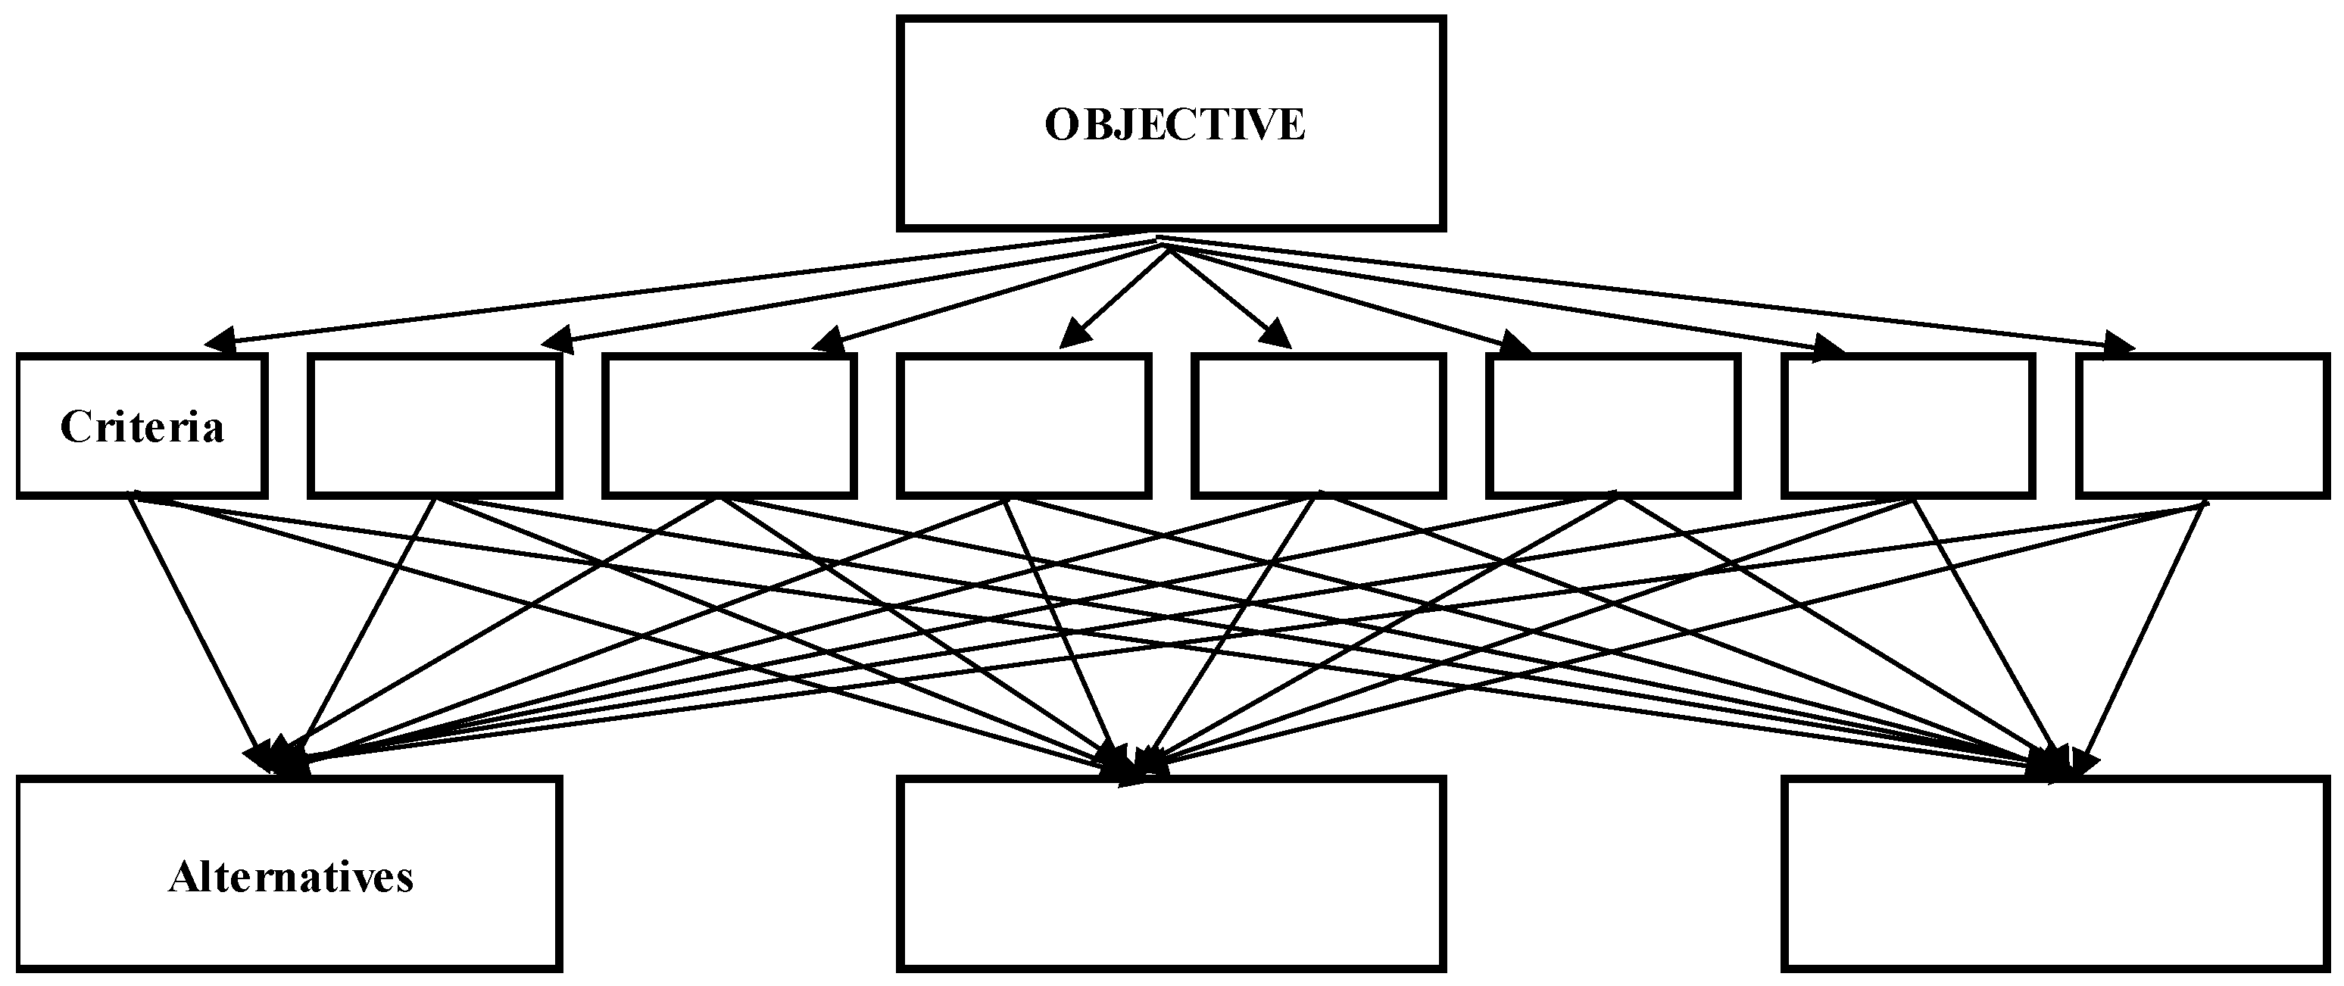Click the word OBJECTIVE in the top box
click(1174, 125)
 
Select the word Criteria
click(142, 426)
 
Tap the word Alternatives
click(291, 878)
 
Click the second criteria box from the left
click(435, 426)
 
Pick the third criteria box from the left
click(729, 426)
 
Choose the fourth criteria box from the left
click(1024, 426)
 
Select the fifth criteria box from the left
click(1319, 426)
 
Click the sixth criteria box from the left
click(1613, 426)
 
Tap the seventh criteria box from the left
click(1908, 426)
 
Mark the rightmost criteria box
click(2203, 426)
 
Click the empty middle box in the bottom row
click(1171, 873)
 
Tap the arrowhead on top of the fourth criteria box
click(1075, 334)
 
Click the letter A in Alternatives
click(181, 878)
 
